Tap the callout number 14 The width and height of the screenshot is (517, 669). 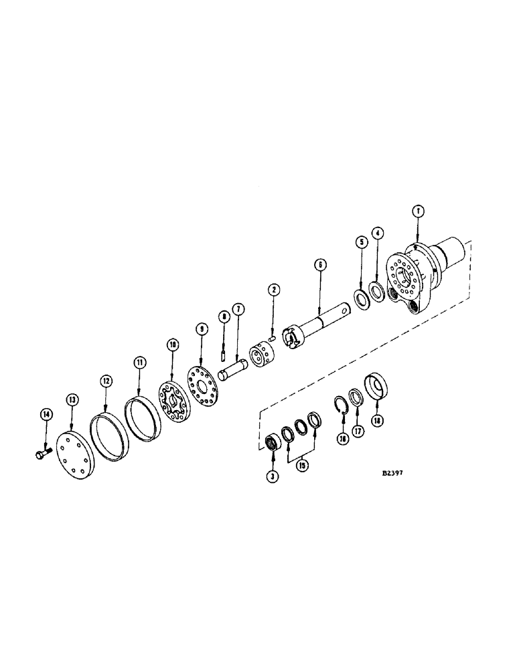(46, 415)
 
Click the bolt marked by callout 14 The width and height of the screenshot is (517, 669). (39, 455)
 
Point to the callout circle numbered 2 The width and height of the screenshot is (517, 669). (273, 290)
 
